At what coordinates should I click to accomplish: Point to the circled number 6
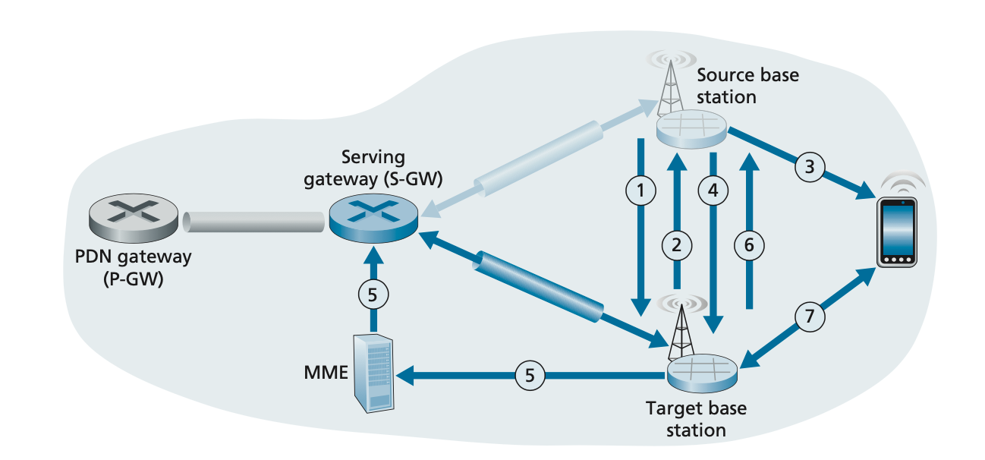coord(749,244)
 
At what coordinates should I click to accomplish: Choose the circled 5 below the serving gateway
coord(373,295)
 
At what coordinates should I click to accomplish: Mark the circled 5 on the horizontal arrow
coord(530,374)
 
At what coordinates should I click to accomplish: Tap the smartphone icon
coord(898,232)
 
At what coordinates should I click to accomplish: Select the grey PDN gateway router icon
coord(134,216)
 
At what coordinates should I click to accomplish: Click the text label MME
coord(320,373)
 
